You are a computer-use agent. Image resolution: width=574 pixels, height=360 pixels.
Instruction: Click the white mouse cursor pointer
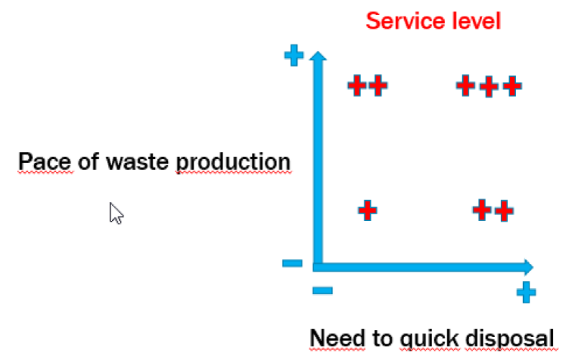116,213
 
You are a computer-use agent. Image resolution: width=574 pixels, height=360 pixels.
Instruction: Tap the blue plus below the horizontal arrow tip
526,292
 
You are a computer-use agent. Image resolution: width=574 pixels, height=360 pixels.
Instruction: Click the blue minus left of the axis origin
293,263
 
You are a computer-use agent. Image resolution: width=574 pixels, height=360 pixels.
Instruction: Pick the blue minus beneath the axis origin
322,290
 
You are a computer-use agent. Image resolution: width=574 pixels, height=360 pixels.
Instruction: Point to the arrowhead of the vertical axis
316,57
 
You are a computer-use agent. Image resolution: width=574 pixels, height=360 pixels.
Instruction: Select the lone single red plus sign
367,211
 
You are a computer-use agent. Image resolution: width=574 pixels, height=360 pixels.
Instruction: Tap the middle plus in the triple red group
488,87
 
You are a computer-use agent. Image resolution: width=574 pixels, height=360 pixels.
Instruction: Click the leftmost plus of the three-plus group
466,86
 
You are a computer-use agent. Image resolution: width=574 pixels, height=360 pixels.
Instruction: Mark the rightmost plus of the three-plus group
511,87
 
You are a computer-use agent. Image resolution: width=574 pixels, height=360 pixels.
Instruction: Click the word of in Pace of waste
88,162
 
